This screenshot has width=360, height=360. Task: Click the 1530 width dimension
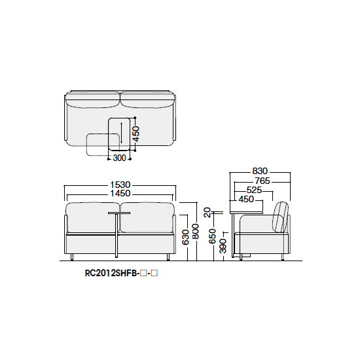coord(120,185)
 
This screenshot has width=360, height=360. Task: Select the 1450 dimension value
coord(120,193)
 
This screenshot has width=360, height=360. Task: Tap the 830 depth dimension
coord(260,171)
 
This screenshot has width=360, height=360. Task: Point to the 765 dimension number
coord(262,181)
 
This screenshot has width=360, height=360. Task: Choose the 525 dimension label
coord(254,190)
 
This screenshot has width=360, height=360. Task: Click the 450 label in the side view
coord(246,199)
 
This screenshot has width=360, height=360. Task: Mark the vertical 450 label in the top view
coord(135,134)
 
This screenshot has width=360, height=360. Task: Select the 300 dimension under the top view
coord(119,158)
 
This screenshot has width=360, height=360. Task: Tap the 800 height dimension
coord(196,232)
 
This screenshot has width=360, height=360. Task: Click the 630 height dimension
coord(185,237)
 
